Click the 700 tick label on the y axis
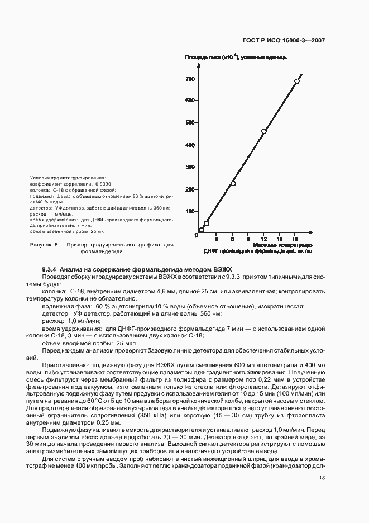(190, 79)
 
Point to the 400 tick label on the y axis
(190, 145)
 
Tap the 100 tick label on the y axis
(190, 211)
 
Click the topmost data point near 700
(297, 81)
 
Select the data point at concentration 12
(264, 131)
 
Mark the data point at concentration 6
(233, 183)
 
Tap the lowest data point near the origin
(202, 230)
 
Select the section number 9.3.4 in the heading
(50, 269)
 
